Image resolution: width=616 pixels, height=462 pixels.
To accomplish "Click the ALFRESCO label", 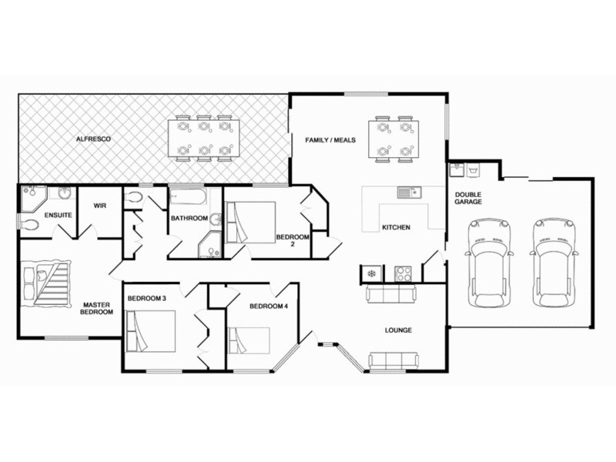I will click(93, 139).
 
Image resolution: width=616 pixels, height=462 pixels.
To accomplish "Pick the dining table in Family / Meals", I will click(393, 139).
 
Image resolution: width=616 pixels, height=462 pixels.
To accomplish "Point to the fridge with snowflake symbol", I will click(371, 273).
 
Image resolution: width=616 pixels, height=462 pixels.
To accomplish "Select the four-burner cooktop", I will click(403, 273).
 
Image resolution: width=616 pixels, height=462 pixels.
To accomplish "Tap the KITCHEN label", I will click(396, 228).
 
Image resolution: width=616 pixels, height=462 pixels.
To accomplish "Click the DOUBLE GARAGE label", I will click(468, 198).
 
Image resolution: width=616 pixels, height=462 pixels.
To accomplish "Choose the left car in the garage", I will click(490, 262).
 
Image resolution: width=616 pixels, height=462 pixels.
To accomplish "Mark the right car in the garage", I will click(554, 262).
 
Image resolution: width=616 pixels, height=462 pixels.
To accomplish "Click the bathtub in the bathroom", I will click(188, 198).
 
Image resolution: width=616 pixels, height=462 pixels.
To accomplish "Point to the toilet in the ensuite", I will click(30, 225).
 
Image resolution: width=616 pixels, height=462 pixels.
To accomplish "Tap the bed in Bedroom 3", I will click(151, 330).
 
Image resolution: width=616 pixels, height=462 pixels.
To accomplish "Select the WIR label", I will click(99, 206).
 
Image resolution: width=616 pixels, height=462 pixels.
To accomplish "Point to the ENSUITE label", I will click(59, 215).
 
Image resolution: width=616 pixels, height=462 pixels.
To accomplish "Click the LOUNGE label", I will click(398, 330).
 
